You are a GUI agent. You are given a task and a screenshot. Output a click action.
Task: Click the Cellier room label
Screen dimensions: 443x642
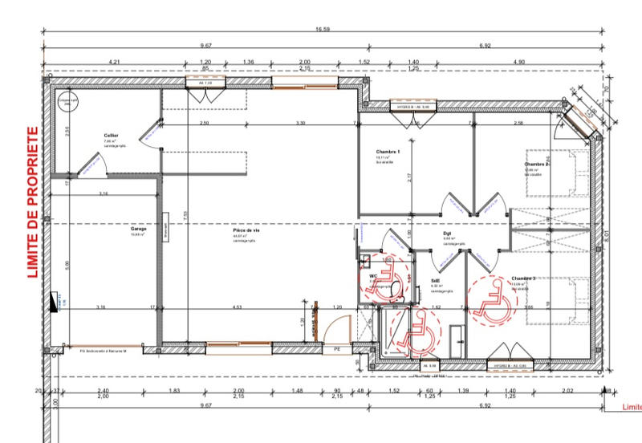point(111,136)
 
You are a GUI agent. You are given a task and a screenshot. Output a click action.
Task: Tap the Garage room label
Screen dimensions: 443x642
point(139,229)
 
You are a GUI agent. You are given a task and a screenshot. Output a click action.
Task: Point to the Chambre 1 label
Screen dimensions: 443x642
point(387,152)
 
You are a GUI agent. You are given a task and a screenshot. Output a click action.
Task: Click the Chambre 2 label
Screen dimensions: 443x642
point(536,165)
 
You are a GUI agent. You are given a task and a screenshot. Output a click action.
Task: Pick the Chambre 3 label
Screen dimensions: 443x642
point(522,278)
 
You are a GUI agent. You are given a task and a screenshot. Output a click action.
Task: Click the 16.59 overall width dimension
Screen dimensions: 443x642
point(323,30)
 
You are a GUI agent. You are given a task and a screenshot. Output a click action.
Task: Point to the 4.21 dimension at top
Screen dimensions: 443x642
point(115,61)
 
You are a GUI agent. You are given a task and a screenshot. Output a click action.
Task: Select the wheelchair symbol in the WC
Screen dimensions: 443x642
point(386,282)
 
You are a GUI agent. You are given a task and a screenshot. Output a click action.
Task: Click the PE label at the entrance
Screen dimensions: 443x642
point(337,351)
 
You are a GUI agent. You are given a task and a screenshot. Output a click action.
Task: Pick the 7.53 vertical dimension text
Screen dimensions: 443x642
point(185,217)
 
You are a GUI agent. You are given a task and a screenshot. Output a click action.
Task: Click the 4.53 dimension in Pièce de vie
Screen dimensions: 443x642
point(238,307)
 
